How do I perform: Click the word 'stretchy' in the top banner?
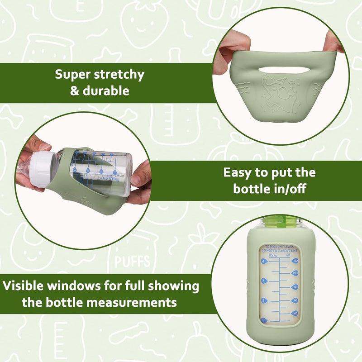118,75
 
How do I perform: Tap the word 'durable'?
106,90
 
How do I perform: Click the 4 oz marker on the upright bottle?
263,261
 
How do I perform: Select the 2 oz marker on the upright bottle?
263,300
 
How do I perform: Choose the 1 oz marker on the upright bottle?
263,320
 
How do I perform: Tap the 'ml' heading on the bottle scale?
288,255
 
